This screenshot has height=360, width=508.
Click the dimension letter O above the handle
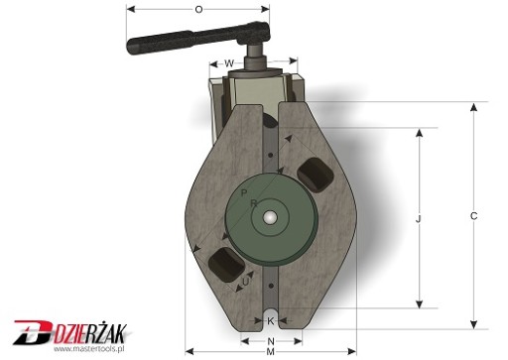[198, 9]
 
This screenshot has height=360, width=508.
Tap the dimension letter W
[229, 62]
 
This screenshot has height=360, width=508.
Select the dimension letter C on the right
[473, 216]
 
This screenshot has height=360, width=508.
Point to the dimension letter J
[419, 218]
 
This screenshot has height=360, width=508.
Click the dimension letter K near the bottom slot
[270, 320]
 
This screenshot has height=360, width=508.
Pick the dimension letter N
[271, 341]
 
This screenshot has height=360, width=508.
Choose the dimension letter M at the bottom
[270, 352]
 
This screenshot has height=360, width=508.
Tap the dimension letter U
[246, 282]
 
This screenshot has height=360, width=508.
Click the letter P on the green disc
[244, 192]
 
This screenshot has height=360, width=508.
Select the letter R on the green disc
[254, 203]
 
